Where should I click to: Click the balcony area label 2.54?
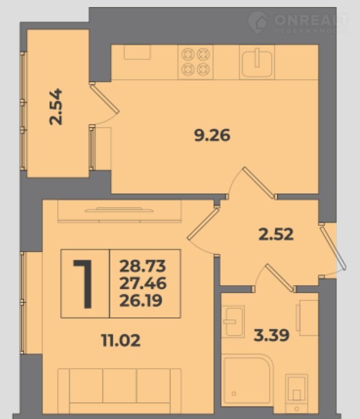[x=56, y=107]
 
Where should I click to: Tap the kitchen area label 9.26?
[x=212, y=135]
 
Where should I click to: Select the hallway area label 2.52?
[x=276, y=234]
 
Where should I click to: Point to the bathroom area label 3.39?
[x=272, y=335]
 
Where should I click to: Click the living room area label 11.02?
[x=121, y=341]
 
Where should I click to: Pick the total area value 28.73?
[x=143, y=266]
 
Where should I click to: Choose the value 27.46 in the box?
[x=143, y=283]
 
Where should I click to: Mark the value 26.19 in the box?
[x=141, y=300]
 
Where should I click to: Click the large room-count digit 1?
[x=83, y=284]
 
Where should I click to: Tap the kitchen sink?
[x=257, y=62]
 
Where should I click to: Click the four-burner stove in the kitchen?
[x=196, y=62]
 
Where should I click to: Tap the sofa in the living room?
[x=119, y=391]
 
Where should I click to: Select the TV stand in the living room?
[x=119, y=211]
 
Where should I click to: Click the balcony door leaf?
[x=105, y=98]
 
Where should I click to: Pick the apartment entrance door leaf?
[x=333, y=247]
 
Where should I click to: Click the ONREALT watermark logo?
[x=298, y=23]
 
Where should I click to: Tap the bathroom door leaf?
[x=280, y=278]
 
